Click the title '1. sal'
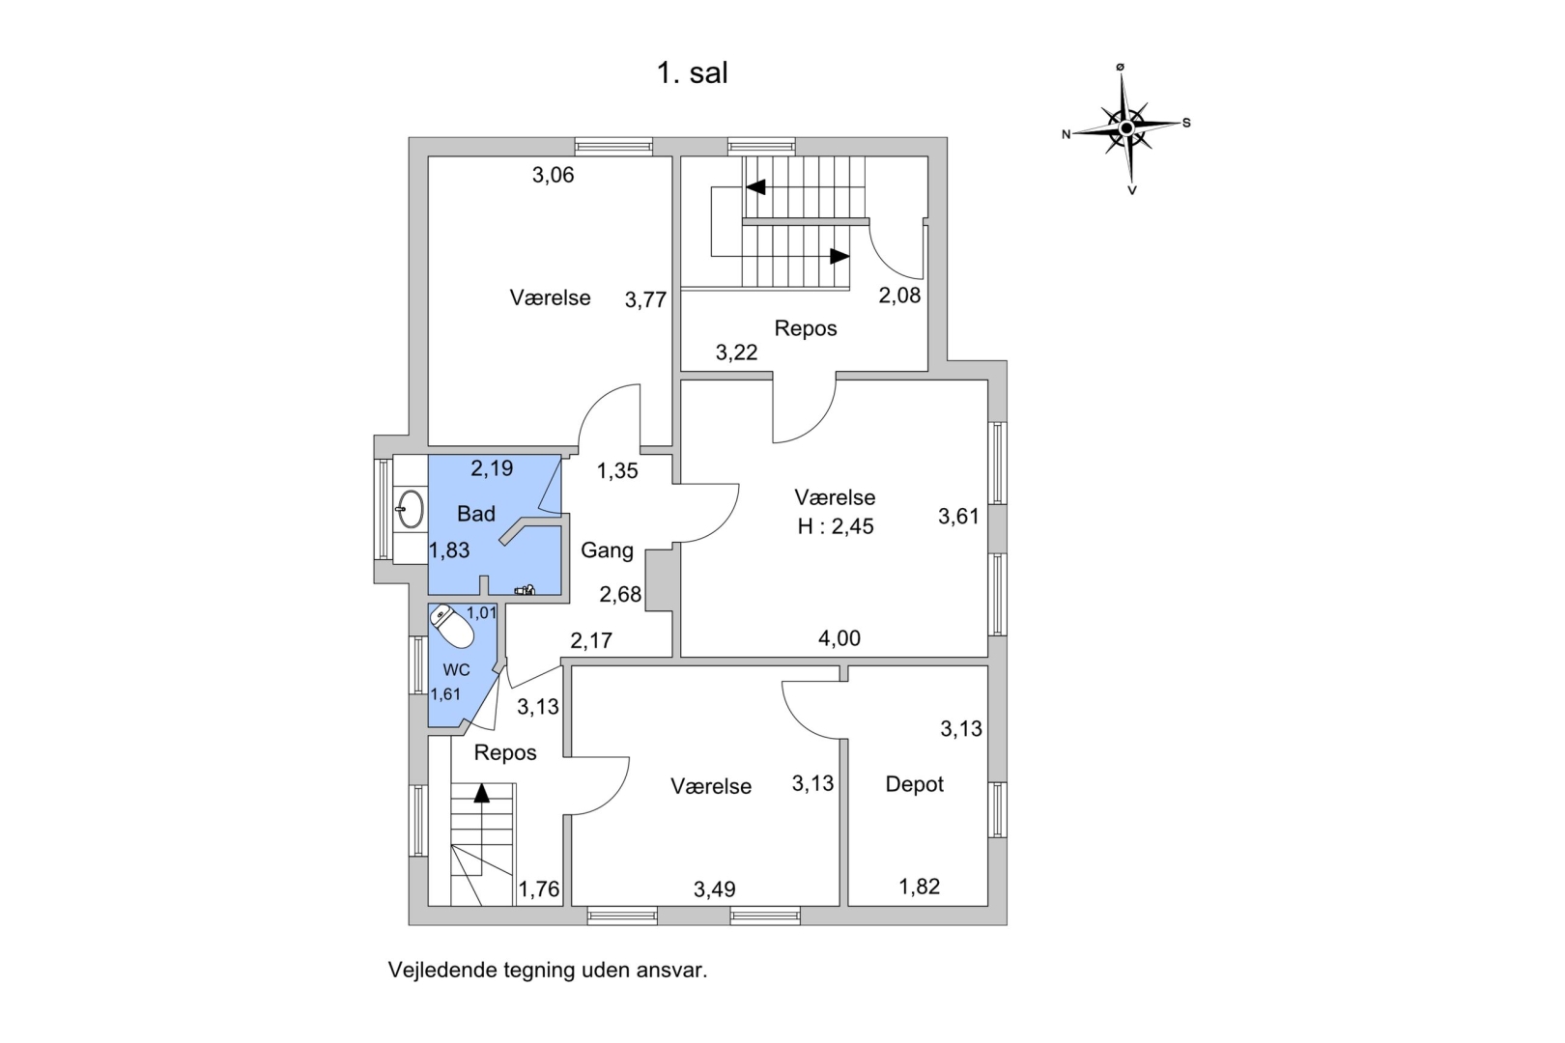692,73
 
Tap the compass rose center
1126,127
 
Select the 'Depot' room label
914,784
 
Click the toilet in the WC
452,627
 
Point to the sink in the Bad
411,509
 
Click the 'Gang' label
607,550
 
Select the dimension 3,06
553,175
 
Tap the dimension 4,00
839,638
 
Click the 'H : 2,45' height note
835,526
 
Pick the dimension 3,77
645,300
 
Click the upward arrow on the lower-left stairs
481,793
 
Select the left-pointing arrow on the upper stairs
755,186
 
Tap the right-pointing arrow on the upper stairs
839,256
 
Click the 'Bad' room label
476,514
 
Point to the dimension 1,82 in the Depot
919,887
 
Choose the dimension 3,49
714,889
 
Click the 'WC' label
456,670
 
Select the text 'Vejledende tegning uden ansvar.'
548,971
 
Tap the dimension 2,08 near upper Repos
899,296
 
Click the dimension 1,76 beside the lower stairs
539,889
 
